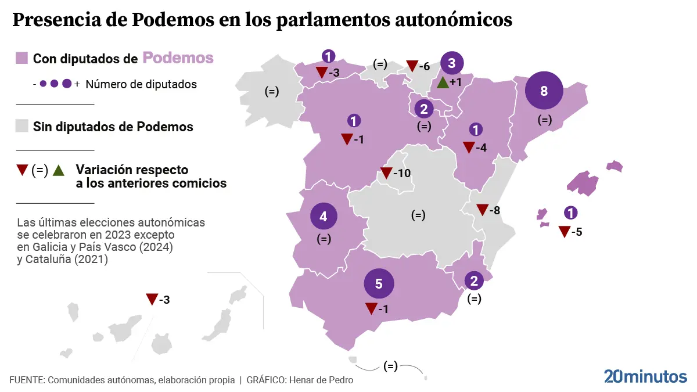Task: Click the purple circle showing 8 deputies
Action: point(544,91)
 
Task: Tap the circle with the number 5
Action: point(379,284)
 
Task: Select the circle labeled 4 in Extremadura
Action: point(324,217)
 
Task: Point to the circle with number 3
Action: point(452,63)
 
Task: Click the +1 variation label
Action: point(455,82)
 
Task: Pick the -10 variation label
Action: point(401,173)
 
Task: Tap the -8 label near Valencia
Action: point(494,210)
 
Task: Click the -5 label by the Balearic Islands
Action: point(576,232)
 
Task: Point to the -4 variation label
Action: point(481,148)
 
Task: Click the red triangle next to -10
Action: point(386,173)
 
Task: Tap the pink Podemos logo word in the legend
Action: point(178,58)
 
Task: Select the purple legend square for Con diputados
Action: point(22,58)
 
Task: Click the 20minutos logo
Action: point(645,376)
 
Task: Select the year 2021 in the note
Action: point(96,260)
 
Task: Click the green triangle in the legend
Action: point(58,170)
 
